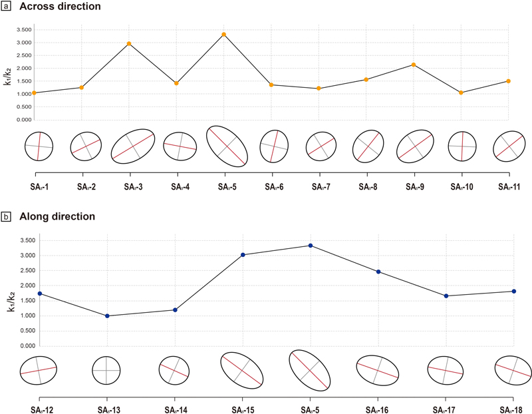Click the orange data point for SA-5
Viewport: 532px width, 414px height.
pos(224,35)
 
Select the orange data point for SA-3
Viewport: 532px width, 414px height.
pos(129,43)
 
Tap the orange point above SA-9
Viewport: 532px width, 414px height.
pos(414,65)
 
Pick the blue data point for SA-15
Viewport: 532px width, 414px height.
pos(243,255)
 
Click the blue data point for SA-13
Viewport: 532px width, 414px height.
pos(107,316)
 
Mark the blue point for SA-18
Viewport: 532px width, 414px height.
pos(514,291)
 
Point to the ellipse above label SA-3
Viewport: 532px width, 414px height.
pos(111,146)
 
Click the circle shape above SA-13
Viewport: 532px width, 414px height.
pos(92,370)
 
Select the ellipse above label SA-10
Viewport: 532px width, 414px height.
pos(448,146)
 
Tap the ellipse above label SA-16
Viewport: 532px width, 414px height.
pos(356,370)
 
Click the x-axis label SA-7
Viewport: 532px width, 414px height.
pos(321,186)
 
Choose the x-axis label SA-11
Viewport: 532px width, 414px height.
pos(509,186)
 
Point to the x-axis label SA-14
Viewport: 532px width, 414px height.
pos(176,410)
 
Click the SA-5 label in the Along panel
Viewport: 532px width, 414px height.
pos(310,410)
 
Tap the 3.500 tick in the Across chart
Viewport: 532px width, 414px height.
pos(24,30)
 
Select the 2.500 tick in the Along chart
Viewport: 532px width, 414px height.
pos(28,271)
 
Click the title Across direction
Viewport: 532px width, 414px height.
pos(60,7)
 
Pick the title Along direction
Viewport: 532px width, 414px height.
pos(57,216)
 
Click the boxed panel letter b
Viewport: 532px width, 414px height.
pos(6,216)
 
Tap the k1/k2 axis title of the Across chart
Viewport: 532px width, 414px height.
pos(8,77)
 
